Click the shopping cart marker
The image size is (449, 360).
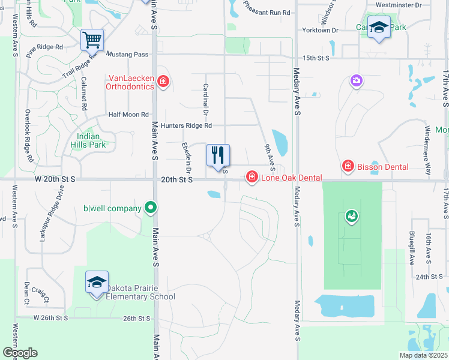92,40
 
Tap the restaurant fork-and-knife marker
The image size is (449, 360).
218,155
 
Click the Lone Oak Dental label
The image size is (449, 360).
291,178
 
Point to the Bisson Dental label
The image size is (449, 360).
382,167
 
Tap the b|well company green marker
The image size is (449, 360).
151,209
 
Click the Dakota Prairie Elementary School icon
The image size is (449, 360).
96,283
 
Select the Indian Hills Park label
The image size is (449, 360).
88,140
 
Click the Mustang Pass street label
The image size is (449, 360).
127,55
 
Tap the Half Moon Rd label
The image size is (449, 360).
128,115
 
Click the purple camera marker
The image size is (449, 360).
357,80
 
